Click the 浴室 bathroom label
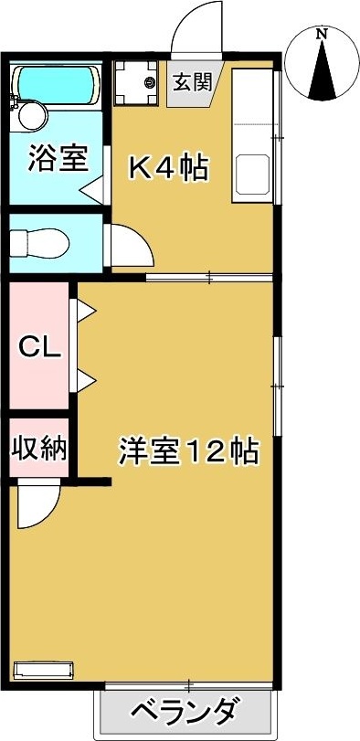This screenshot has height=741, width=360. coord(58,158)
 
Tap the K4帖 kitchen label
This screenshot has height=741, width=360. coord(169,168)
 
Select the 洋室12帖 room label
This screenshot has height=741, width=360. coord(188,451)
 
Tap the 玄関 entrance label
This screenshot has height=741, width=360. coord(192,81)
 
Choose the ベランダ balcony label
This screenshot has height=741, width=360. coord(185,710)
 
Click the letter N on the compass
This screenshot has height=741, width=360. coord(321,35)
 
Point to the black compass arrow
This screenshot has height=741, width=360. coord(321,71)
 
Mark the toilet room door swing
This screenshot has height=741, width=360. coord(128,244)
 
